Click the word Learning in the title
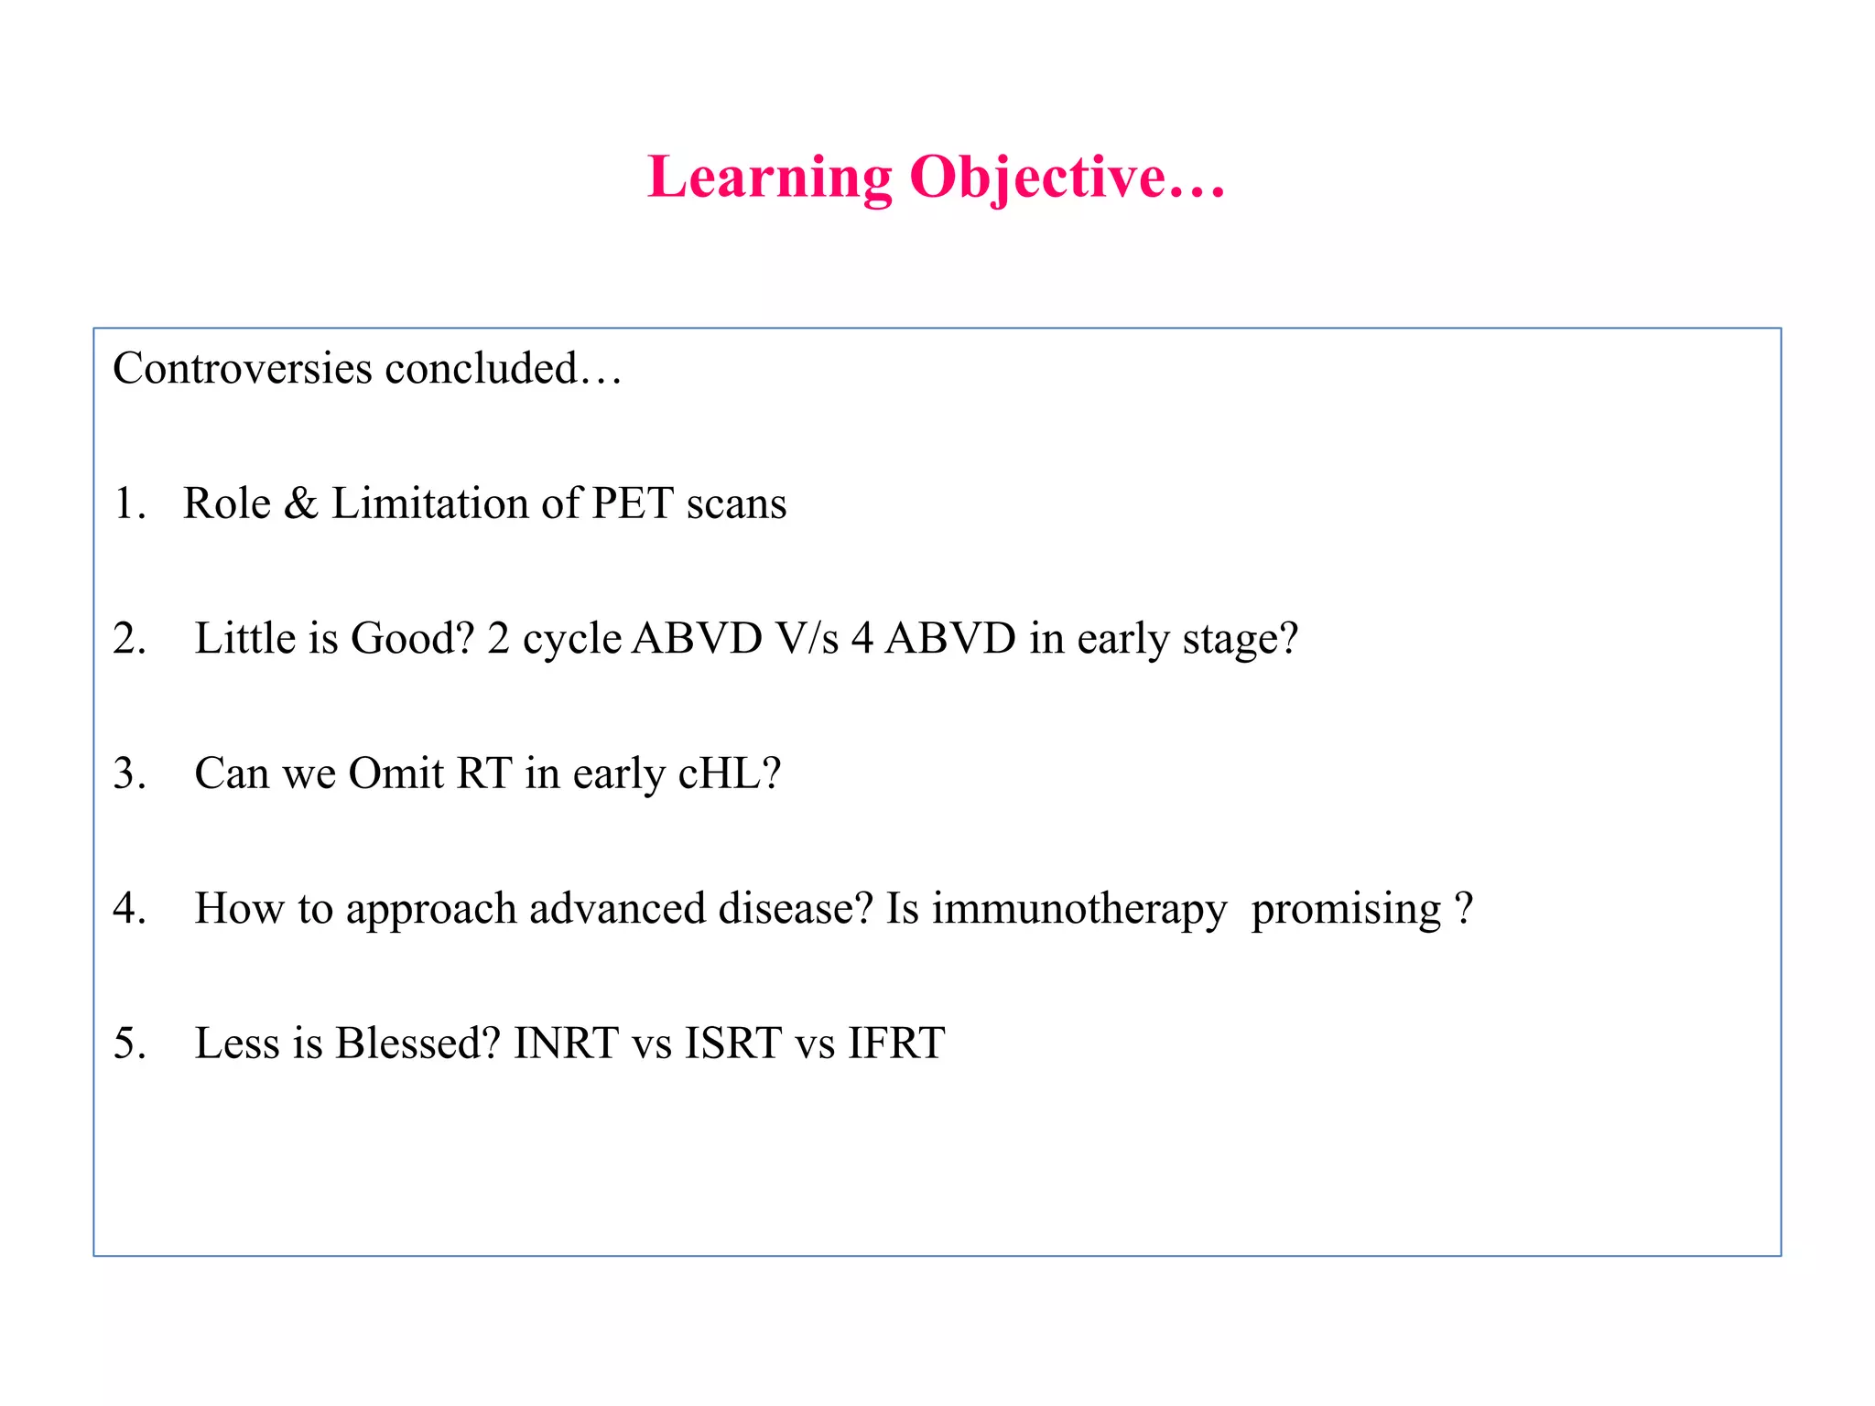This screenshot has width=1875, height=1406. [x=769, y=177]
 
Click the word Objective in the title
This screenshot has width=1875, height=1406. [x=1037, y=177]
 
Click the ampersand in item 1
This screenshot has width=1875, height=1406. [x=300, y=503]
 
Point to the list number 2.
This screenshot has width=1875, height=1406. [x=129, y=638]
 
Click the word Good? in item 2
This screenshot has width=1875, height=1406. [x=412, y=638]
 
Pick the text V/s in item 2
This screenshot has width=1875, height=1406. [x=807, y=638]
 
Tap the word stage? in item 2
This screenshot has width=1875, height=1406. [x=1240, y=638]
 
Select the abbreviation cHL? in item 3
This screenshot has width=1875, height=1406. [x=729, y=773]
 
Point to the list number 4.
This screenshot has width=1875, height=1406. [x=129, y=908]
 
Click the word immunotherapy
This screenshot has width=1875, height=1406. [x=1079, y=908]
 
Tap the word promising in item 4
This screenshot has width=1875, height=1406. [x=1346, y=908]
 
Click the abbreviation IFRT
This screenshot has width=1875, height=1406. [x=895, y=1043]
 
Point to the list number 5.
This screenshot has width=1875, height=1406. [x=129, y=1043]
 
